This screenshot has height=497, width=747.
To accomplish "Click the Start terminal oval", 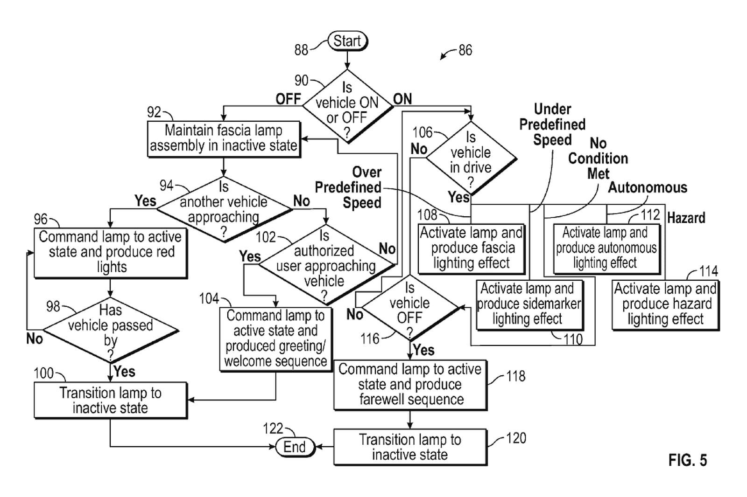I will [347, 41].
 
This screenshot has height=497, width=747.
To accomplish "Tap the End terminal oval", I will [295, 447].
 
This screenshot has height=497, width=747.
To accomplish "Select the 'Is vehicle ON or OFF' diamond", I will [347, 106].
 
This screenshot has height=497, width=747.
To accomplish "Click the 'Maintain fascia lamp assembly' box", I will [224, 138].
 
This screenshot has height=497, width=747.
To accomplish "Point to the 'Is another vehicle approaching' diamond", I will [224, 209].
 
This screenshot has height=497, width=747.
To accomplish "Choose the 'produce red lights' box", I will [111, 252].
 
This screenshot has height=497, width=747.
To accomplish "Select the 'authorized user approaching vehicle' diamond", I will [325, 264].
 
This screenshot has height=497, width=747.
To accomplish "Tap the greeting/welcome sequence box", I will [275, 338].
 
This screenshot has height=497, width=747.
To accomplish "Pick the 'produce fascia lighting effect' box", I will [471, 248].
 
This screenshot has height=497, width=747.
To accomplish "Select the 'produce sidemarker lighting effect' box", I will [529, 304].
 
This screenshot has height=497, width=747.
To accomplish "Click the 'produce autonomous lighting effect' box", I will [606, 248].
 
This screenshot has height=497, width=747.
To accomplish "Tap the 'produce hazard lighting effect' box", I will [665, 304].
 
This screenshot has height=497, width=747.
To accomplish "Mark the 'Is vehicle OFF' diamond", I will [409, 308].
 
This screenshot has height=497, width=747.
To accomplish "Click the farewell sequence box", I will [410, 385].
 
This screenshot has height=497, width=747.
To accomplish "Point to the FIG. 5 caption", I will [687, 460].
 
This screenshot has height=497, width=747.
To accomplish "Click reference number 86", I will [465, 50].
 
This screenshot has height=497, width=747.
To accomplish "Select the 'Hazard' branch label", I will [686, 218].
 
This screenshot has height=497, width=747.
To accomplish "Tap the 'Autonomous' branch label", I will [648, 187].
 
